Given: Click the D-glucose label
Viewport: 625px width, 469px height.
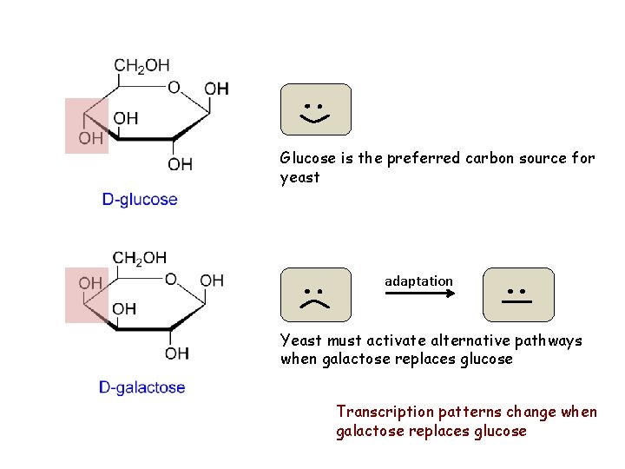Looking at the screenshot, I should point(140,200).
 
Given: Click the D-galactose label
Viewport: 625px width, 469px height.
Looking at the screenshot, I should point(141,387).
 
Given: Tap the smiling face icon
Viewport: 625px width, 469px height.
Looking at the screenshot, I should point(316,109).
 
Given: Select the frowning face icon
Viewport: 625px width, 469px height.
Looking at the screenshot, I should point(316,294).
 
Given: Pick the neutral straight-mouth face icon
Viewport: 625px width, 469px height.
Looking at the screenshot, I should point(518,294).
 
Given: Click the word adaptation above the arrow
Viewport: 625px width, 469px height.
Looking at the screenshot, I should point(418,281).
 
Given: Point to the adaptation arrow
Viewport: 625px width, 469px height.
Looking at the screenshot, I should point(420,294).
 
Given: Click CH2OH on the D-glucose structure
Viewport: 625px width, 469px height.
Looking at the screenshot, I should point(141,65).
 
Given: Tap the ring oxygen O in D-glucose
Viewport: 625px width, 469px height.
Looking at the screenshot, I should point(174,87).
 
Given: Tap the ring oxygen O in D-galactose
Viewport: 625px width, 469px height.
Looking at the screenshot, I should point(171,279).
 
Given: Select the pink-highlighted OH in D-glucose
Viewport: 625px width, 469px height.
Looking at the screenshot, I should point(90,138).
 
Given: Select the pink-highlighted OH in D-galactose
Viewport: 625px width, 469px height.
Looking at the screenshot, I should point(90,283).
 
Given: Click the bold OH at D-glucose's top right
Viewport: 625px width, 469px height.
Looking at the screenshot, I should point(216,89).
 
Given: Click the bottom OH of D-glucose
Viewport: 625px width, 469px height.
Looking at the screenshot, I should point(181,164).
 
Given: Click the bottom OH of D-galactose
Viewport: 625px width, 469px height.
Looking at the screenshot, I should point(177,353).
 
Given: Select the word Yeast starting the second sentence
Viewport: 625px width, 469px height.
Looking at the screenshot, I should point(299,340).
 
